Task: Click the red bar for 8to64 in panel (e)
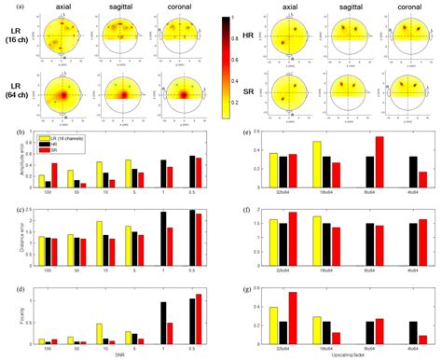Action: pyautogui.click(x=380, y=162)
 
